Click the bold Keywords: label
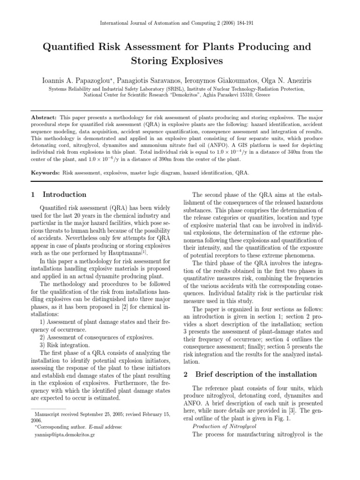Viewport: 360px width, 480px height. coord(45,172)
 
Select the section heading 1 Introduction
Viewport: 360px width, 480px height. coord(59,195)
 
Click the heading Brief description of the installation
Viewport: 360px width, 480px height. coord(256,374)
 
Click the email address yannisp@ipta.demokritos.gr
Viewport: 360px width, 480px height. coord(65,435)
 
